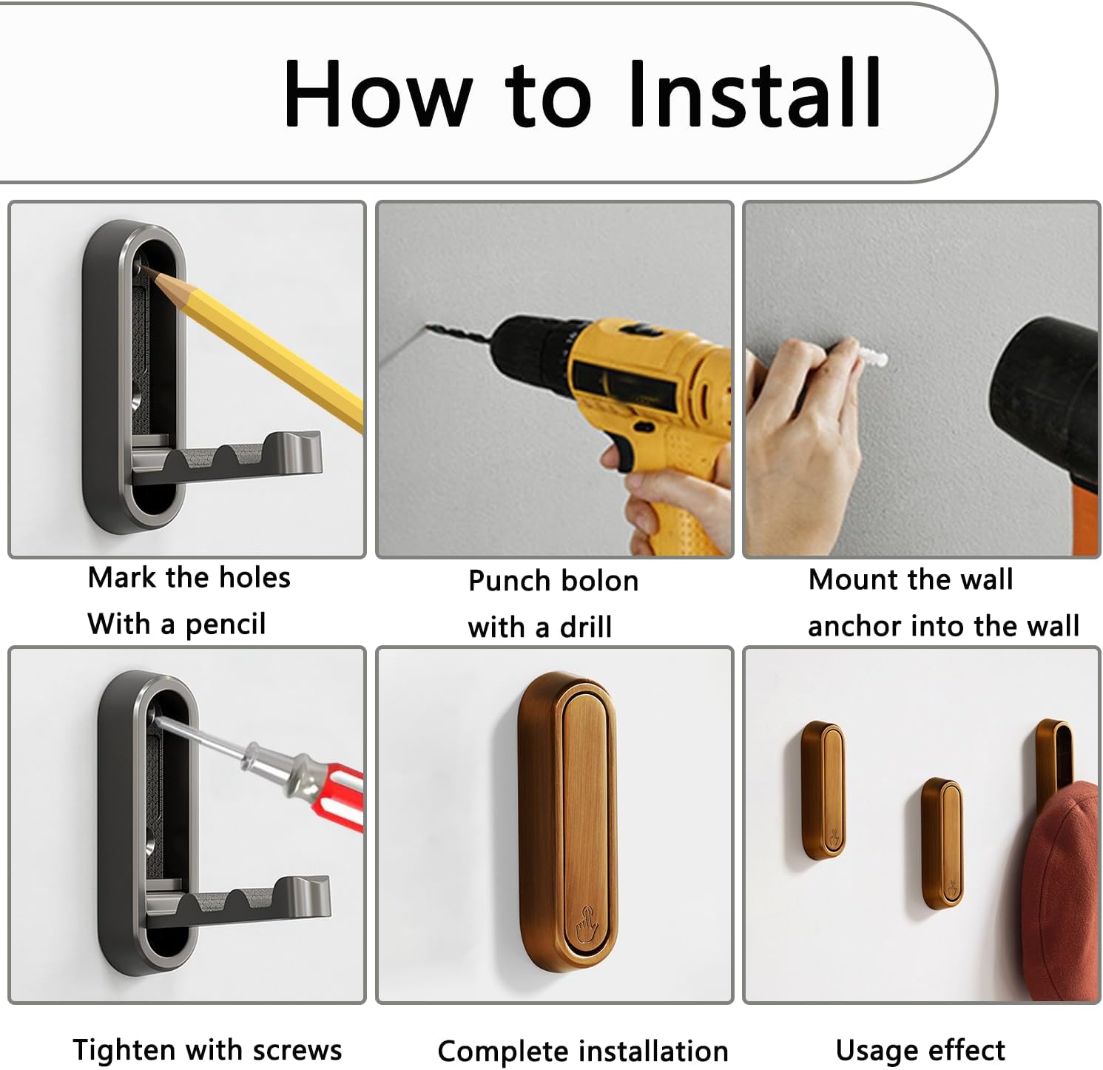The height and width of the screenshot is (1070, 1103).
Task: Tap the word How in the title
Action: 377,94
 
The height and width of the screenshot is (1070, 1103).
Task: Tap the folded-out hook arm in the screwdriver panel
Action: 237,903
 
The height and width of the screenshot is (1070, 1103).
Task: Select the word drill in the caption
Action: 586,627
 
